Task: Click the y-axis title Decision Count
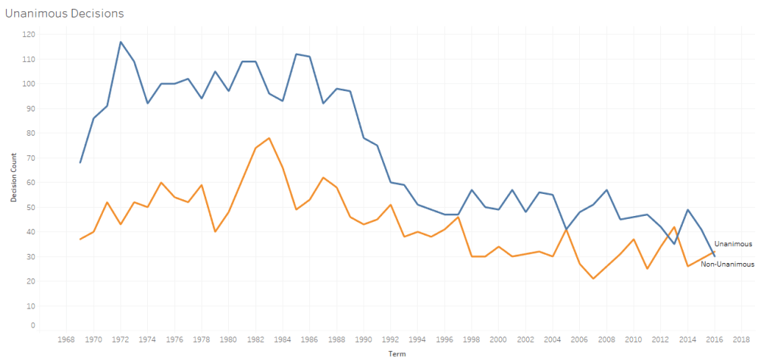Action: coord(13,180)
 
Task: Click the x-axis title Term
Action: coord(396,354)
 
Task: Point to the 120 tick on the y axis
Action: coord(29,34)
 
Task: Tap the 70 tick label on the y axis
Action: coord(29,158)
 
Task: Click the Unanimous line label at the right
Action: coord(733,244)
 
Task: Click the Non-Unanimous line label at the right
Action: coord(728,263)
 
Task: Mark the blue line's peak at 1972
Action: coord(121,42)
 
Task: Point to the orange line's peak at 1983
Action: coord(269,138)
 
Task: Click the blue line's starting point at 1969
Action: coord(80,162)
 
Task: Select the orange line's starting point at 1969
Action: coord(80,239)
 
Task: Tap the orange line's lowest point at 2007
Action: coord(593,278)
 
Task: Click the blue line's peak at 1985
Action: coord(296,54)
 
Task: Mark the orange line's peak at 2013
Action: coord(674,227)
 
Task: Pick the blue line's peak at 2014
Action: coord(688,209)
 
